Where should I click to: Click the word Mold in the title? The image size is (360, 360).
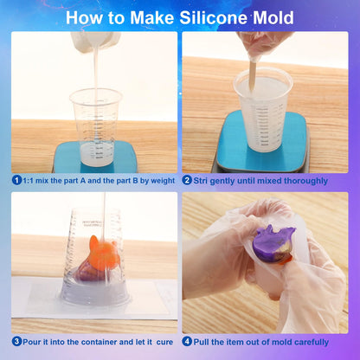pyautogui.click(x=273, y=17)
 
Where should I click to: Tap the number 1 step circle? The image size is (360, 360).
pyautogui.click(x=16, y=180)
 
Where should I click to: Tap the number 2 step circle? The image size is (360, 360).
pyautogui.click(x=187, y=180)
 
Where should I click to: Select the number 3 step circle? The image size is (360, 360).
pyautogui.click(x=16, y=341)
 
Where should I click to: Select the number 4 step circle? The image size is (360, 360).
pyautogui.click(x=187, y=341)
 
